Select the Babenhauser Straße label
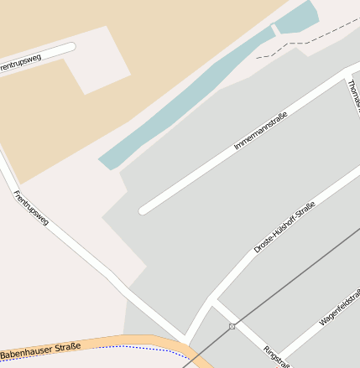[40, 350]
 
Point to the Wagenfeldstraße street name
[340, 308]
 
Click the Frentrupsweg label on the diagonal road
[31, 209]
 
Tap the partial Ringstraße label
[276, 355]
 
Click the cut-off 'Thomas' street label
[353, 96]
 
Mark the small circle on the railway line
[232, 326]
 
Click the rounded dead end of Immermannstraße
[143, 210]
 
